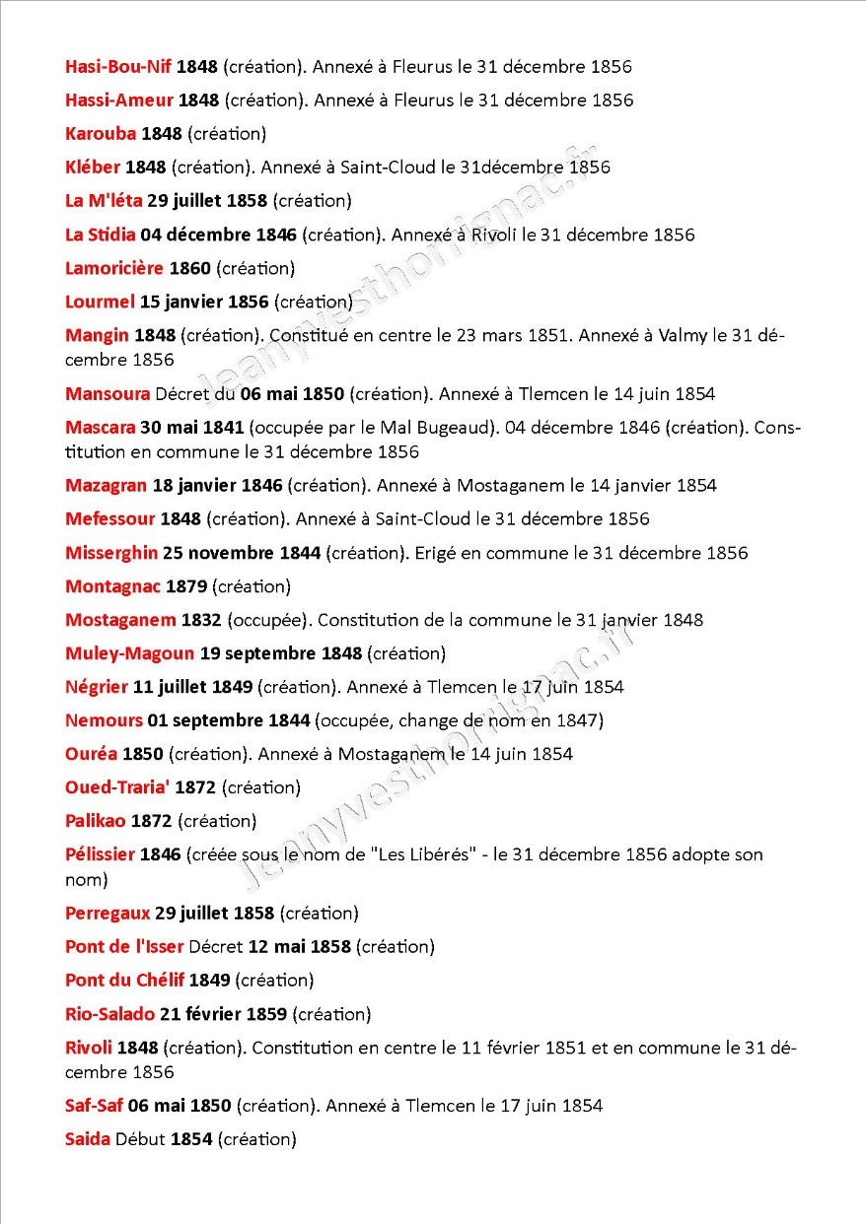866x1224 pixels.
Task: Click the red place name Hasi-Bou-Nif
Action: coord(117,67)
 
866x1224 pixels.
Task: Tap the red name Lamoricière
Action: coord(113,268)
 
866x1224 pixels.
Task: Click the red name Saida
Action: coord(87,1139)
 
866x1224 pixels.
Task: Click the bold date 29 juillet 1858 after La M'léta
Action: coord(207,201)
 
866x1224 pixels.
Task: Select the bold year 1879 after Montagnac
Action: coord(186,586)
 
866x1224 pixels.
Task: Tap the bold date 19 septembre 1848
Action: coord(281,653)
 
